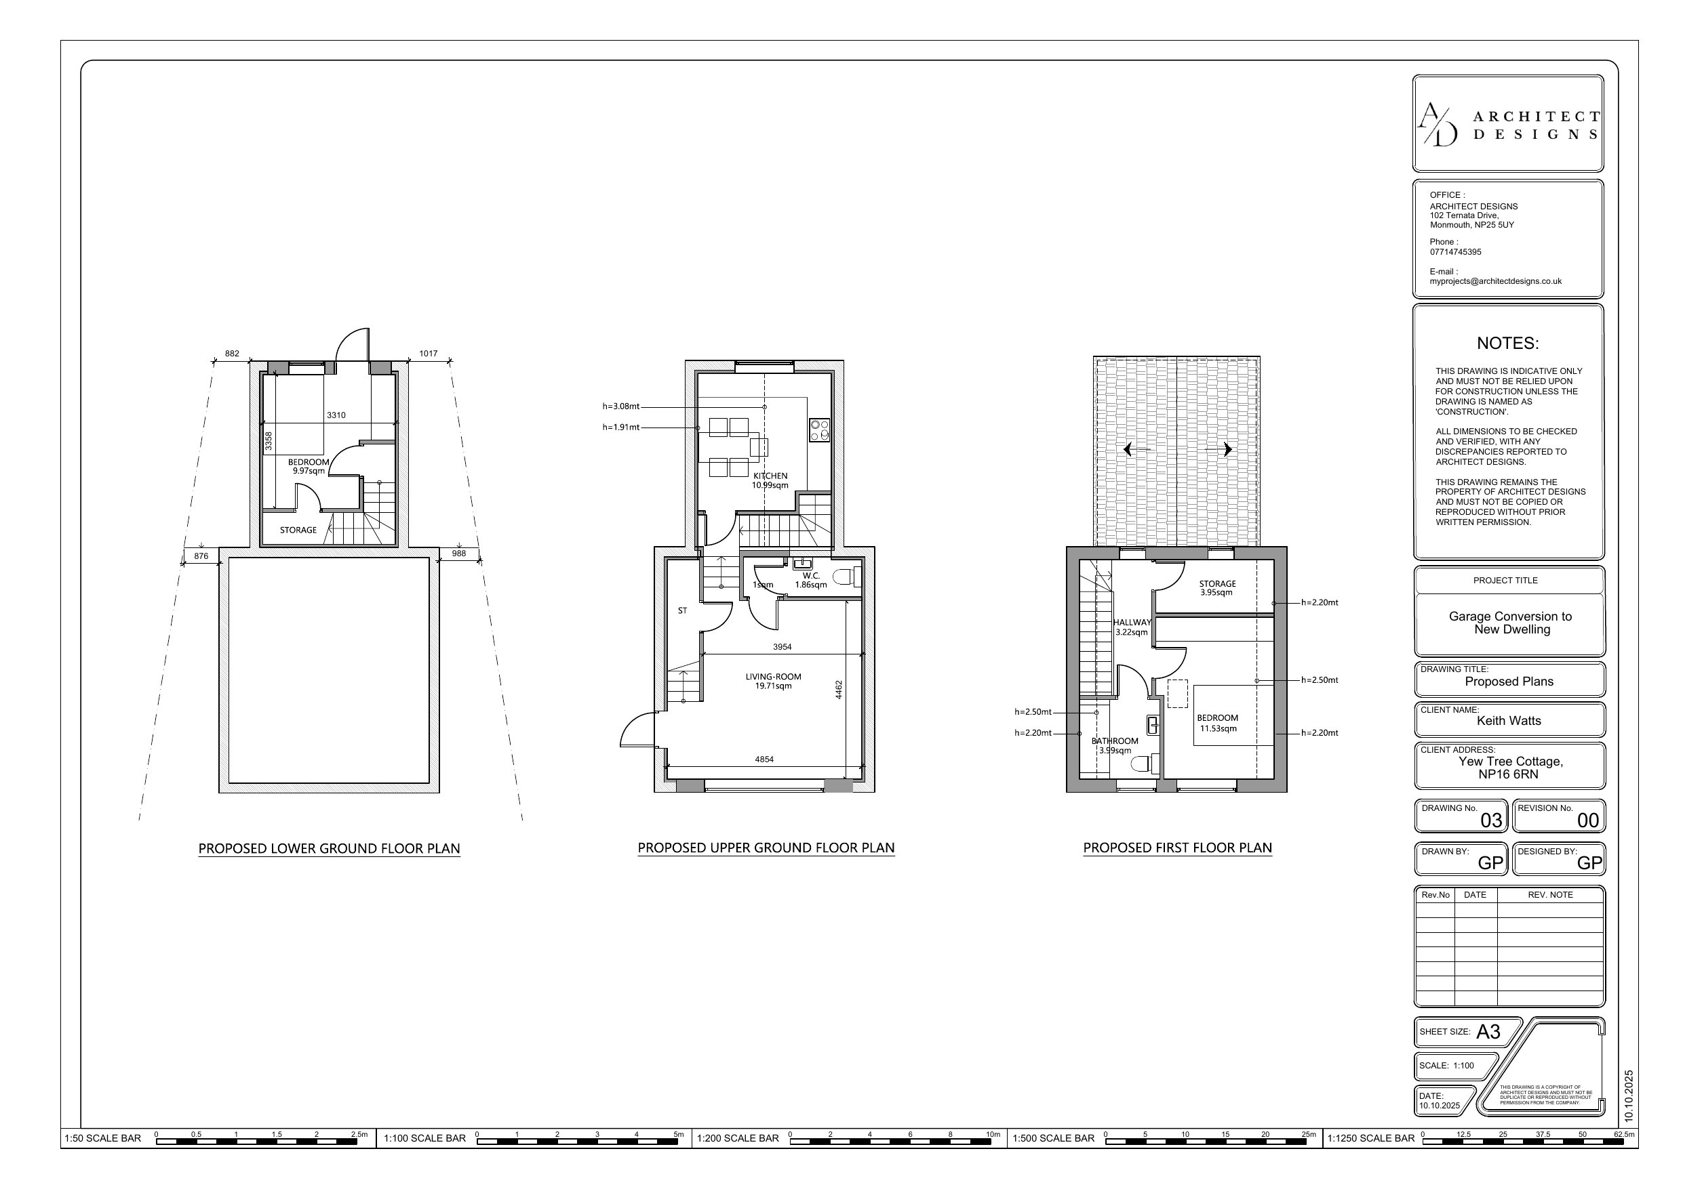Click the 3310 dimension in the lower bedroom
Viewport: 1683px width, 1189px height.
pos(336,415)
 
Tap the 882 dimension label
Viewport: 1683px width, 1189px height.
pos(232,354)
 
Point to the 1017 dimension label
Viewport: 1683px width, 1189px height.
pos(428,354)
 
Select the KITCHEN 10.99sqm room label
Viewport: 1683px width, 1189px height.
pos(770,480)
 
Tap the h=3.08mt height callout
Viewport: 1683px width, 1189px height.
pos(621,406)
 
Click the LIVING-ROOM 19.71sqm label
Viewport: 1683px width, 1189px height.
pos(773,682)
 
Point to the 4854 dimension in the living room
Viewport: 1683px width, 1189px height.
pos(764,759)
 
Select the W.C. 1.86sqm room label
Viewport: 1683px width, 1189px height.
pos(811,580)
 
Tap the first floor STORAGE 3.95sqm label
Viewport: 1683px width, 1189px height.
pos(1216,588)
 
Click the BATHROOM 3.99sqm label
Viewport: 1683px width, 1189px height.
pos(1114,746)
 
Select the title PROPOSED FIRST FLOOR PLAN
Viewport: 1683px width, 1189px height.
pos(1177,848)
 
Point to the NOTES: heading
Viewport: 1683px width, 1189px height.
pos(1507,343)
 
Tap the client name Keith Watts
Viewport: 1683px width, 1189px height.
pos(1509,721)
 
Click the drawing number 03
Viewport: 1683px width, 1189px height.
pos(1491,820)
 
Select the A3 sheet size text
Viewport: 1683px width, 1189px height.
pos(1488,1032)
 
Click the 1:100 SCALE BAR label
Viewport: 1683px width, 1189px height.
pos(424,1138)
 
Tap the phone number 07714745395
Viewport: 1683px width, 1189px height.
pos(1455,252)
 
